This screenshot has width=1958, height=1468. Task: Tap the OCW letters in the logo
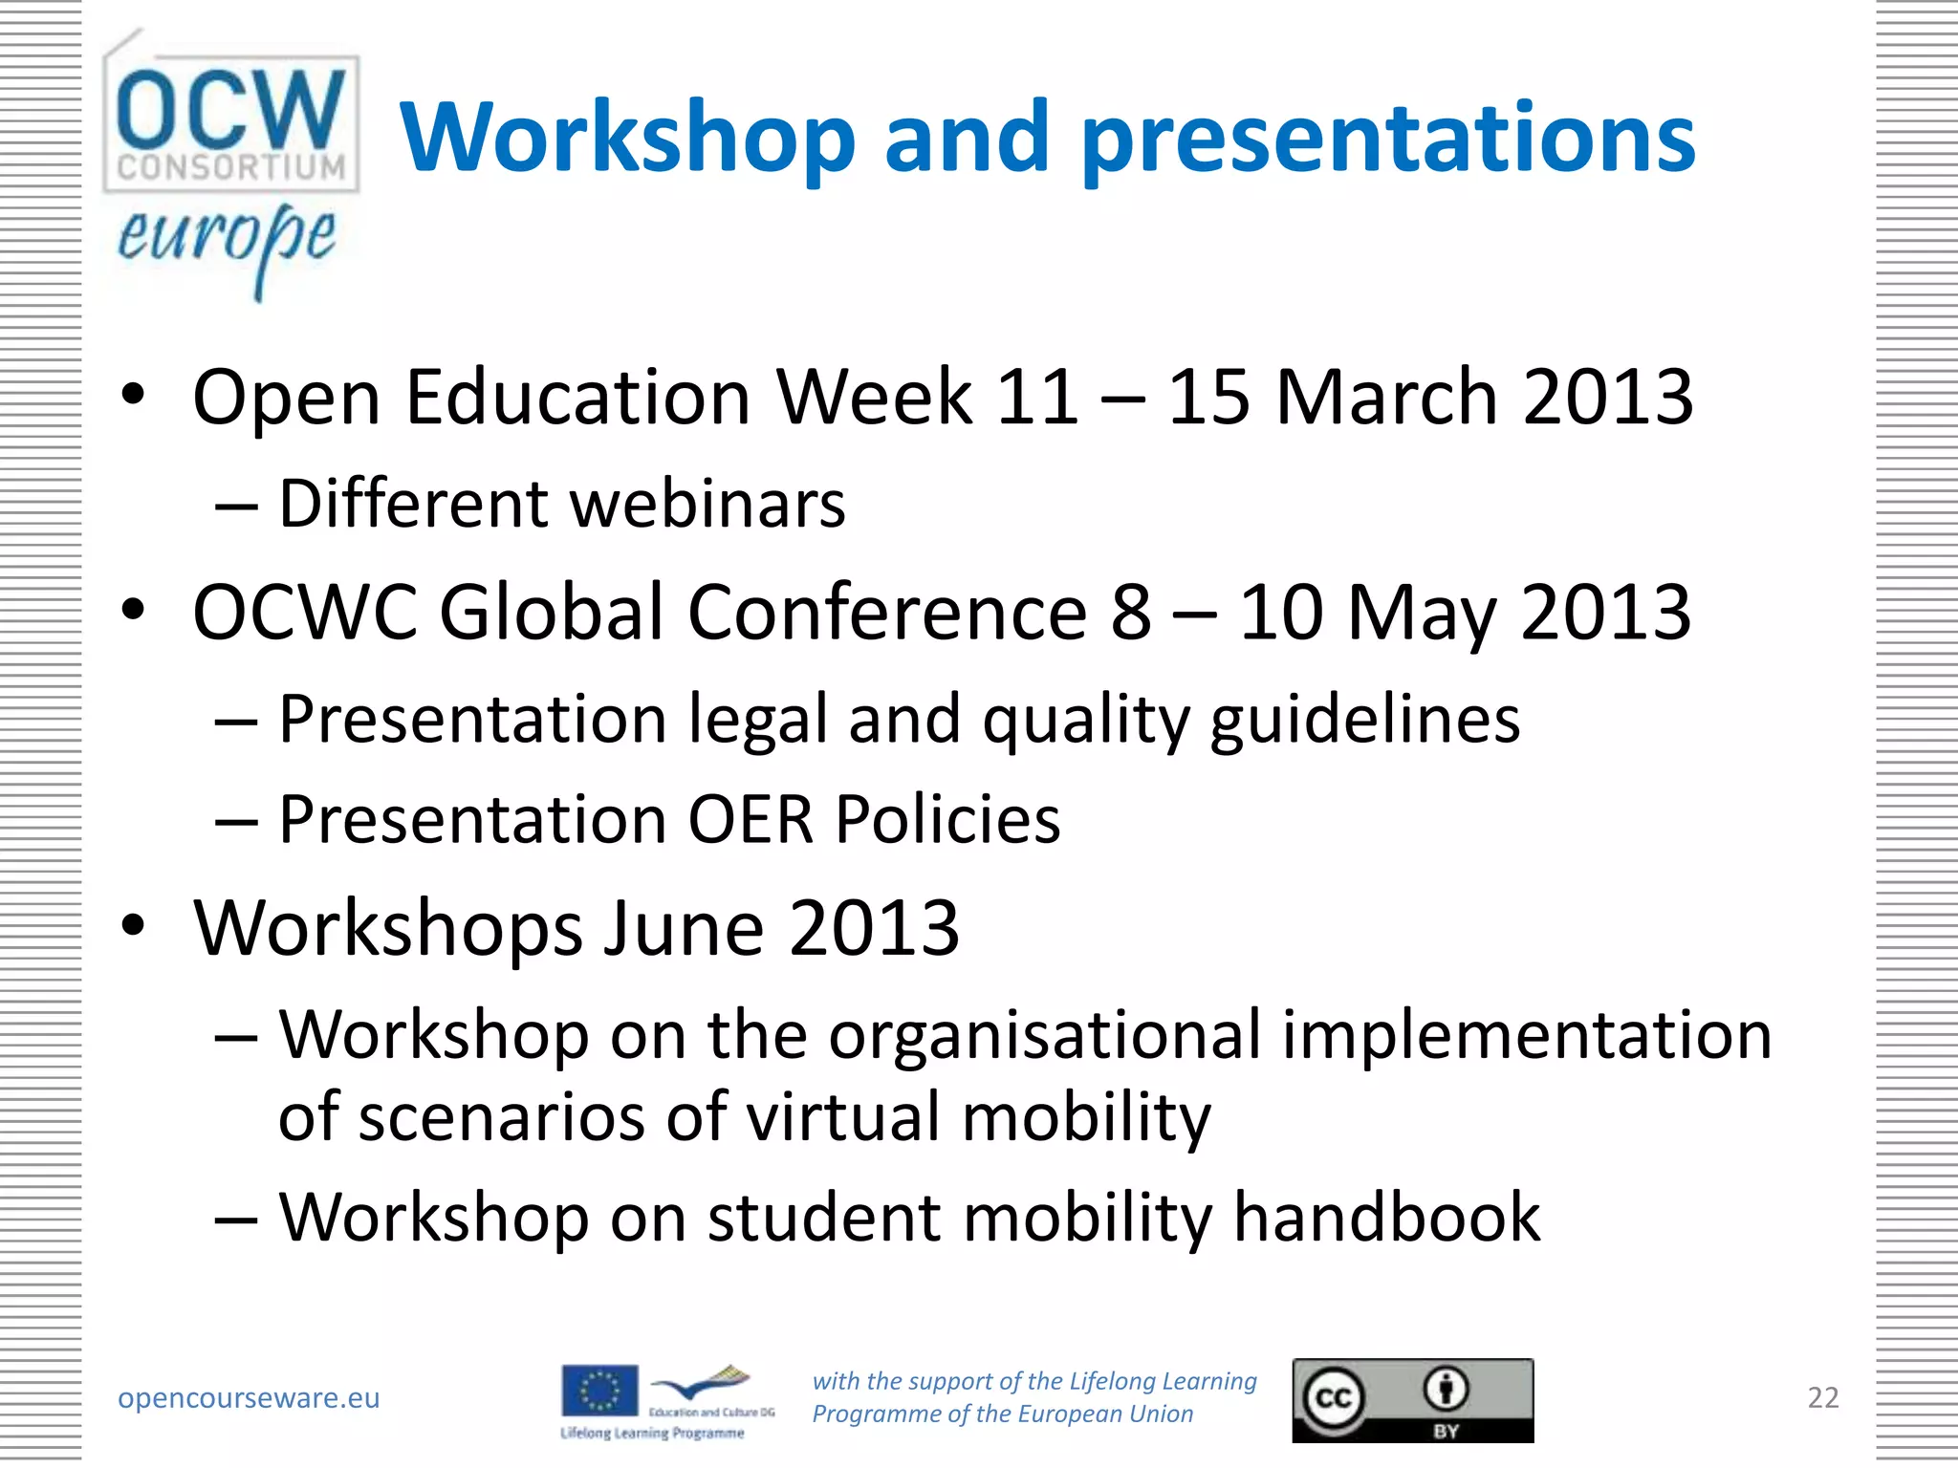click(230, 109)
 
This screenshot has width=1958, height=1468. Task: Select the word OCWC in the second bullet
click(305, 612)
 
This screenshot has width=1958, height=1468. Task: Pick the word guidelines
click(1364, 719)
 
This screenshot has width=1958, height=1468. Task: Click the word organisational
click(1044, 1035)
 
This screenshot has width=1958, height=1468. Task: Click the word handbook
click(1387, 1217)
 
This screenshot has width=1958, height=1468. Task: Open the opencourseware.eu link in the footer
click(249, 1397)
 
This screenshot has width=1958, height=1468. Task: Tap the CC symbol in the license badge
click(1334, 1398)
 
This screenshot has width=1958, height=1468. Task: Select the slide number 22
click(1822, 1397)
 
